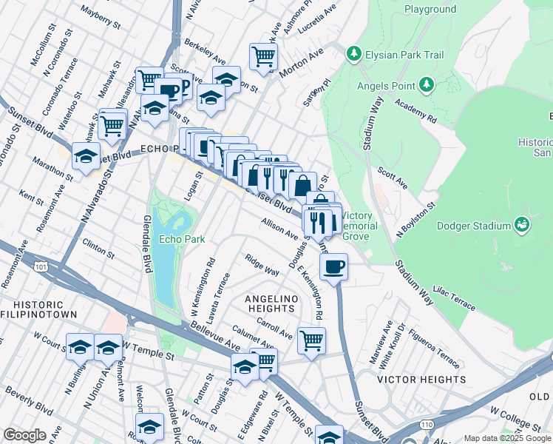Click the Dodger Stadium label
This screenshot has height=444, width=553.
tap(475, 226)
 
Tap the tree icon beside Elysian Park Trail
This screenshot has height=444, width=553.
tap(354, 53)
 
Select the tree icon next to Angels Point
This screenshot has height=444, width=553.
tap(426, 86)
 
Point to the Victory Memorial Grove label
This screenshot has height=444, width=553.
tap(360, 225)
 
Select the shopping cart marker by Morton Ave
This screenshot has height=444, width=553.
tap(263, 55)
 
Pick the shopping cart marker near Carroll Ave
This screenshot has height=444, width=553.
tap(311, 340)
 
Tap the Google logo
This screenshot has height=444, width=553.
tap(24, 435)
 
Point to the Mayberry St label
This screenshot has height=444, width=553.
tap(101, 18)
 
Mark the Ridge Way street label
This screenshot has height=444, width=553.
tap(262, 266)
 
